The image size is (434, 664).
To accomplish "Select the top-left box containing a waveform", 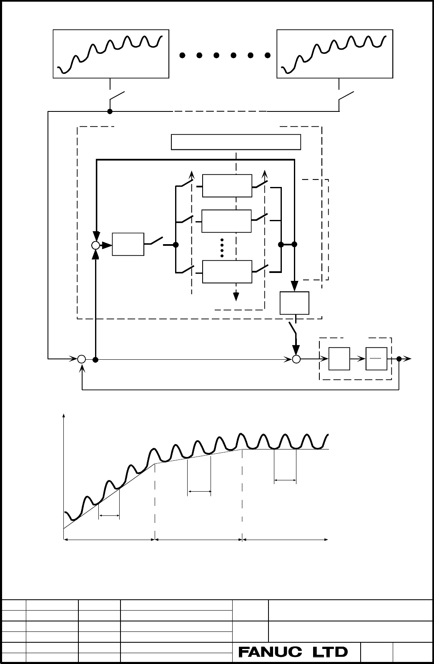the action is click(x=111, y=54).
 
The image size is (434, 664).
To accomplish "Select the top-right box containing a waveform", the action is click(x=335, y=54).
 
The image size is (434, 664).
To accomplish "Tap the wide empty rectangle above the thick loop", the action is click(x=236, y=142).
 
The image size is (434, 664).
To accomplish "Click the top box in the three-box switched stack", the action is click(x=227, y=186).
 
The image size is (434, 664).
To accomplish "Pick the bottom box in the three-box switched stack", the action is click(x=227, y=272).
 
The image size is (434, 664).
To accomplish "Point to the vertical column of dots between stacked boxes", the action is click(x=222, y=248).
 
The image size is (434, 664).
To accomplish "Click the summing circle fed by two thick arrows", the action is click(x=95, y=245).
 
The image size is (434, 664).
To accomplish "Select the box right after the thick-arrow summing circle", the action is click(x=128, y=244).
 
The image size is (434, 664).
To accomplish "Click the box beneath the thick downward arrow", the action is click(x=295, y=303).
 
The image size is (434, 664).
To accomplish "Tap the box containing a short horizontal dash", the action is click(x=376, y=359).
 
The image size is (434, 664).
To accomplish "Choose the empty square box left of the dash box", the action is click(x=339, y=359).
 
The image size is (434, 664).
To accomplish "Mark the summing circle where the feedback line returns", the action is click(x=82, y=359).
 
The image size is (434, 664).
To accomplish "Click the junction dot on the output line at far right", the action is click(x=399, y=359).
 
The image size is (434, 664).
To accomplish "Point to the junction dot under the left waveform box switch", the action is click(x=110, y=111).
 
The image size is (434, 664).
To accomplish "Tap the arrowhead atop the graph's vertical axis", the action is click(x=64, y=415).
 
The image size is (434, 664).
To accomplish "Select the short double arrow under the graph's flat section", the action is click(x=285, y=480).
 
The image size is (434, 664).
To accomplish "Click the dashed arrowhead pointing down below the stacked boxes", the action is click(x=236, y=296).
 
